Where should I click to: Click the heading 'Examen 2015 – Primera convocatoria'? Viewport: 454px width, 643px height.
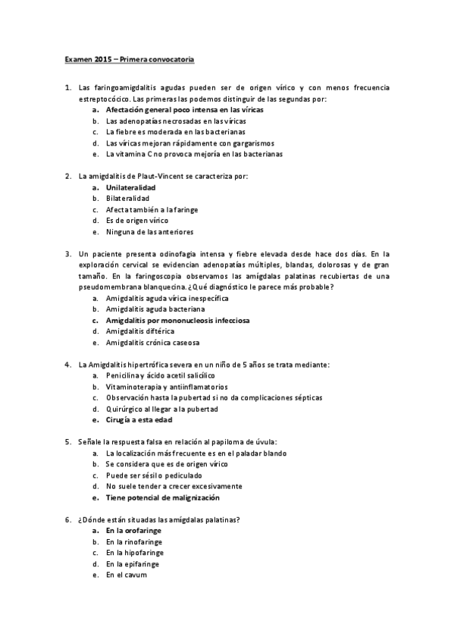point(127,58)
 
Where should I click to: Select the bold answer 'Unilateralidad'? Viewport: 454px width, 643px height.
point(131,187)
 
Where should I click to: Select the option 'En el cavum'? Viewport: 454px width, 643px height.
point(126,575)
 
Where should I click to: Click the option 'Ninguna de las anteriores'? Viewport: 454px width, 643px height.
point(149,231)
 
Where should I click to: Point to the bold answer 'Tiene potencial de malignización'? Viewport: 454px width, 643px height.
point(163,497)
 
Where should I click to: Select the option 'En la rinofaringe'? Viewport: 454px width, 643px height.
point(134,541)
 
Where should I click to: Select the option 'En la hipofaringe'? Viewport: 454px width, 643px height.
point(134,553)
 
